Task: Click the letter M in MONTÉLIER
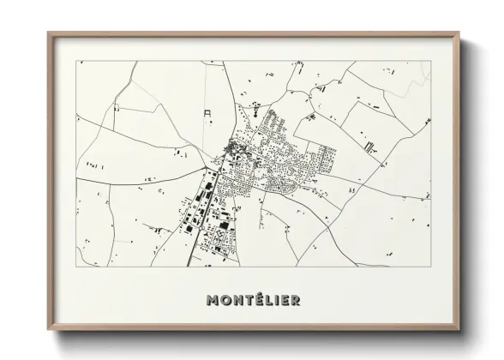coord(213,300)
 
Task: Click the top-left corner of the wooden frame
coord(49,33)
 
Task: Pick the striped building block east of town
coord(369,147)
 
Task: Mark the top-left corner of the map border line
coord(77,61)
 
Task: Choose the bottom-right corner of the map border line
coord(429,267)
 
